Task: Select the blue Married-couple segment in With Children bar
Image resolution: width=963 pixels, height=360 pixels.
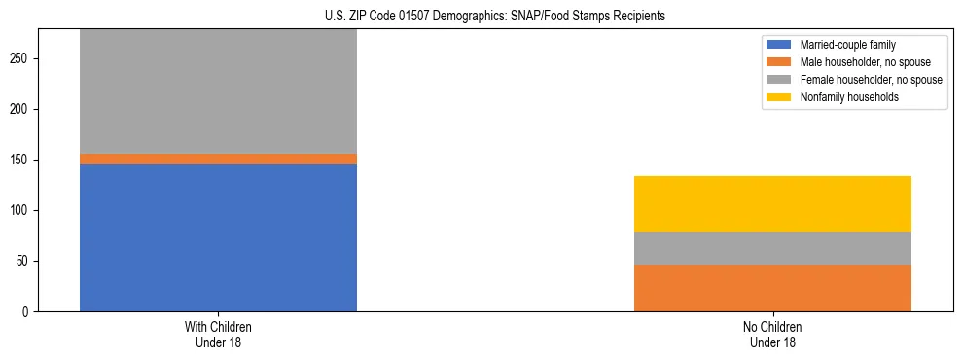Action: coord(218,237)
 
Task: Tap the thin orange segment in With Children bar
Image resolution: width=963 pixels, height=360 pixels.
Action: coord(218,159)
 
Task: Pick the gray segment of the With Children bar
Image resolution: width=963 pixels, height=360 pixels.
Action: coord(218,90)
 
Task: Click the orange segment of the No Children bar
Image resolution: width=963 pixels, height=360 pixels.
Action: coord(772,288)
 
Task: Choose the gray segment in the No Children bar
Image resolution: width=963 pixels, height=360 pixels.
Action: coord(772,248)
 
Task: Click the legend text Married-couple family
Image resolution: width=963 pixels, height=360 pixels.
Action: coord(848,45)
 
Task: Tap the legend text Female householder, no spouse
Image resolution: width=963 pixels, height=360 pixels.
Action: coord(871,80)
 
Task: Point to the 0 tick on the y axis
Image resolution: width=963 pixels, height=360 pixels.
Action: coord(27,312)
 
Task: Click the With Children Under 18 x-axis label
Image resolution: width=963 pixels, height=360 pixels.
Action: coord(218,335)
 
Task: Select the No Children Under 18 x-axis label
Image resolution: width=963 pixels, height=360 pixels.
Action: coord(772,335)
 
